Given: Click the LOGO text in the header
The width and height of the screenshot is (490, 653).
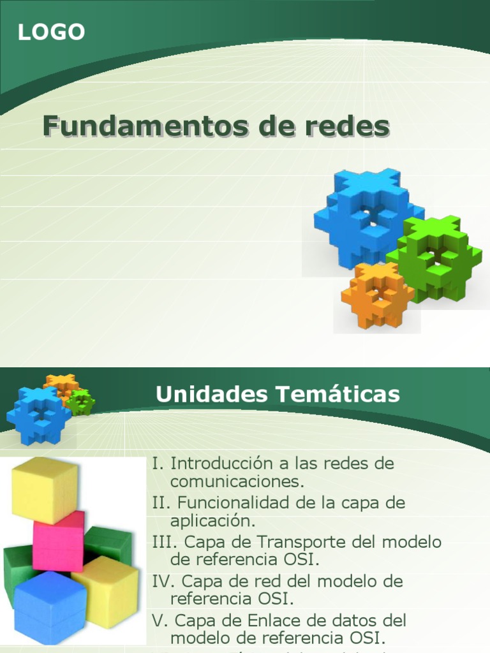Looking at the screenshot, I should click(51, 32).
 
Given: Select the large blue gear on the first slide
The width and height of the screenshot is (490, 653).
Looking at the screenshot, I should click(367, 217).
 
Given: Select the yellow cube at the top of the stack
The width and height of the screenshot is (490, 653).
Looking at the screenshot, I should click(45, 488).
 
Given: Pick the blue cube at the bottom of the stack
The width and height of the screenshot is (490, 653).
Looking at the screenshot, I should click(50, 606).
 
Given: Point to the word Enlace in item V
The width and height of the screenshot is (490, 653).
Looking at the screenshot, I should click(271, 620).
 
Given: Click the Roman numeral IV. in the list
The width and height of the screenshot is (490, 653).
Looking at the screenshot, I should click(164, 582).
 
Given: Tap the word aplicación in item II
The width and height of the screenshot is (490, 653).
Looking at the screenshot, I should click(212, 520).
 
